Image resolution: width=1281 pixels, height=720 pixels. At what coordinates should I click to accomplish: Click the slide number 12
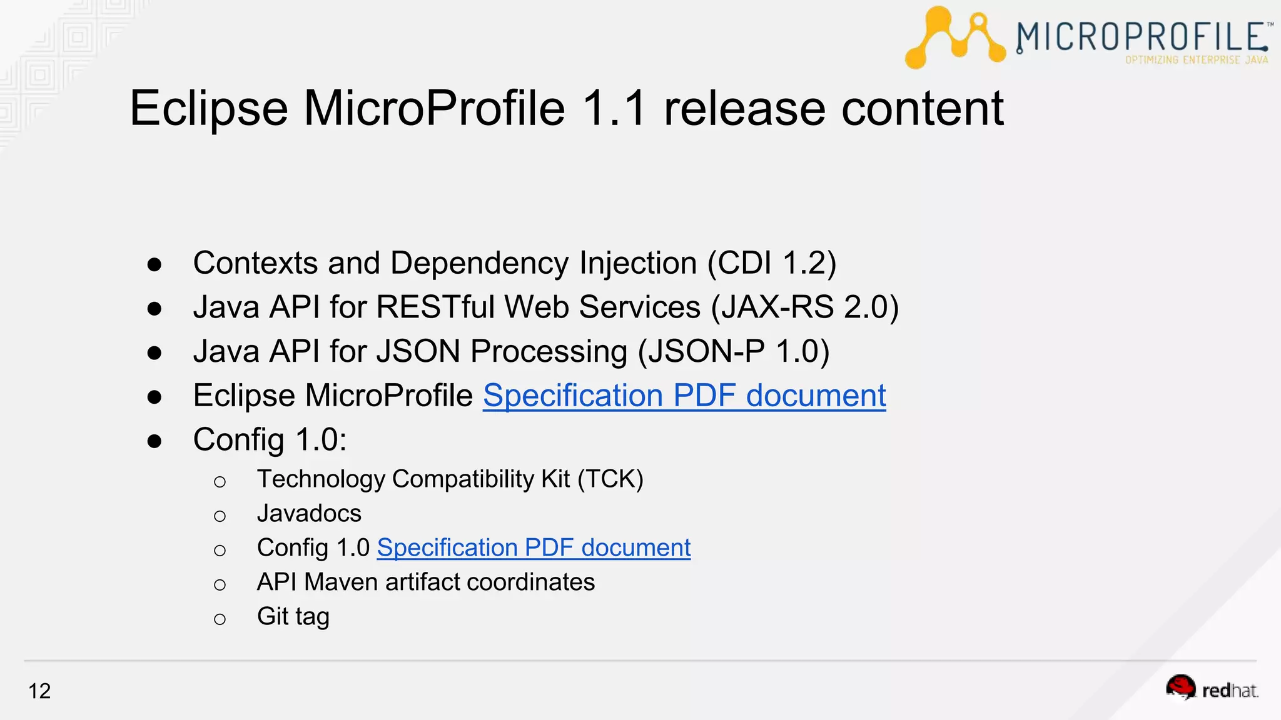coord(39,691)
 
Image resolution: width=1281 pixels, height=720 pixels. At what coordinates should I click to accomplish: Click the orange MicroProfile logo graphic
coord(954,37)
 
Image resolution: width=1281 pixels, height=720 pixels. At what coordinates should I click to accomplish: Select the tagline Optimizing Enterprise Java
coord(1196,60)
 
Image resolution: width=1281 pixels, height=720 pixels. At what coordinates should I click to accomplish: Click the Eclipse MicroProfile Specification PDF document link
coord(684,396)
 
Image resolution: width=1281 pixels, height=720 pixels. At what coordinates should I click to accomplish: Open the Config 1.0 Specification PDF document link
coord(534,548)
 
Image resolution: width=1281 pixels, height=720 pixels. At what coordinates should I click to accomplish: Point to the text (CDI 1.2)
coord(771,263)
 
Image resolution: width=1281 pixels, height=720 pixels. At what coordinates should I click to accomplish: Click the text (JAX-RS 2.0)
coord(804,307)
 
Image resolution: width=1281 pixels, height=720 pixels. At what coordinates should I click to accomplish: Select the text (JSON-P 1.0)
coord(733,351)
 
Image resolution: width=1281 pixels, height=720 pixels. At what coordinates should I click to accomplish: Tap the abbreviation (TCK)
coord(610,479)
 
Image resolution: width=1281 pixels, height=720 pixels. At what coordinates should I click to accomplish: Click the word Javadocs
coord(309,514)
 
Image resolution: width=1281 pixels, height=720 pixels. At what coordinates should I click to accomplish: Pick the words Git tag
coord(293,617)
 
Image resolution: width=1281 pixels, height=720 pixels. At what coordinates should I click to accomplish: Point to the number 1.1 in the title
coord(614,109)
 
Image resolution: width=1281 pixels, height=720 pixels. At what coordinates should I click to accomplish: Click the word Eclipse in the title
coord(208,109)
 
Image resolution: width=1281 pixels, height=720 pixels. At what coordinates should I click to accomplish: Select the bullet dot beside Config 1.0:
coord(154,441)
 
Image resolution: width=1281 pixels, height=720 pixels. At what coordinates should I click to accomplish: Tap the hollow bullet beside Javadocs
coord(220,516)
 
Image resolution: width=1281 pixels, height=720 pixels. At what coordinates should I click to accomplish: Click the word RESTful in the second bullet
coord(435,307)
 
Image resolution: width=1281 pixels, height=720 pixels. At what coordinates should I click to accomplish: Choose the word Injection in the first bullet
coord(637,263)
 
